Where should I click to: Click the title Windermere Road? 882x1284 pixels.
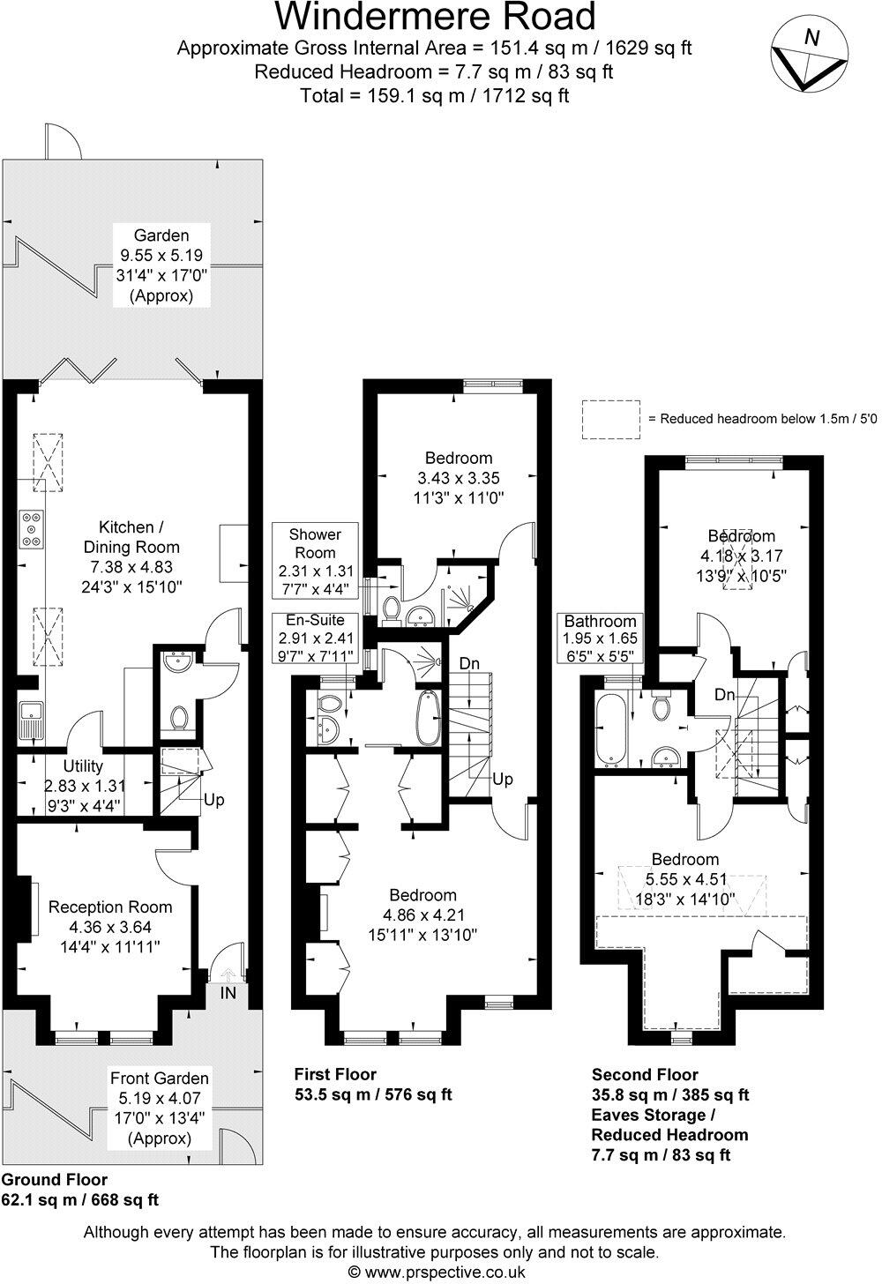[x=436, y=17]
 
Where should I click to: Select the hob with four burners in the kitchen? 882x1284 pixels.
[x=31, y=529]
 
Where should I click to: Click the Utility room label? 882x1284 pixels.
[x=83, y=766]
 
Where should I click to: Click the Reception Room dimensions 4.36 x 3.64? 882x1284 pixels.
[x=110, y=927]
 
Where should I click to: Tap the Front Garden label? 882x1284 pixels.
[x=160, y=1078]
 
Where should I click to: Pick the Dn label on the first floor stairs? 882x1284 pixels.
[x=469, y=663]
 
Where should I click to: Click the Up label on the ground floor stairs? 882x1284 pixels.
[x=214, y=800]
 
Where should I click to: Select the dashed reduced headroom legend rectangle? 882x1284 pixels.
[x=610, y=419]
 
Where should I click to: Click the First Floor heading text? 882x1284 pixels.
[x=335, y=1074]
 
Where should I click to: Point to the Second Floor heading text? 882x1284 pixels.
[x=645, y=1074]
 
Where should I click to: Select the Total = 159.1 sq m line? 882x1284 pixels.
[x=435, y=95]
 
